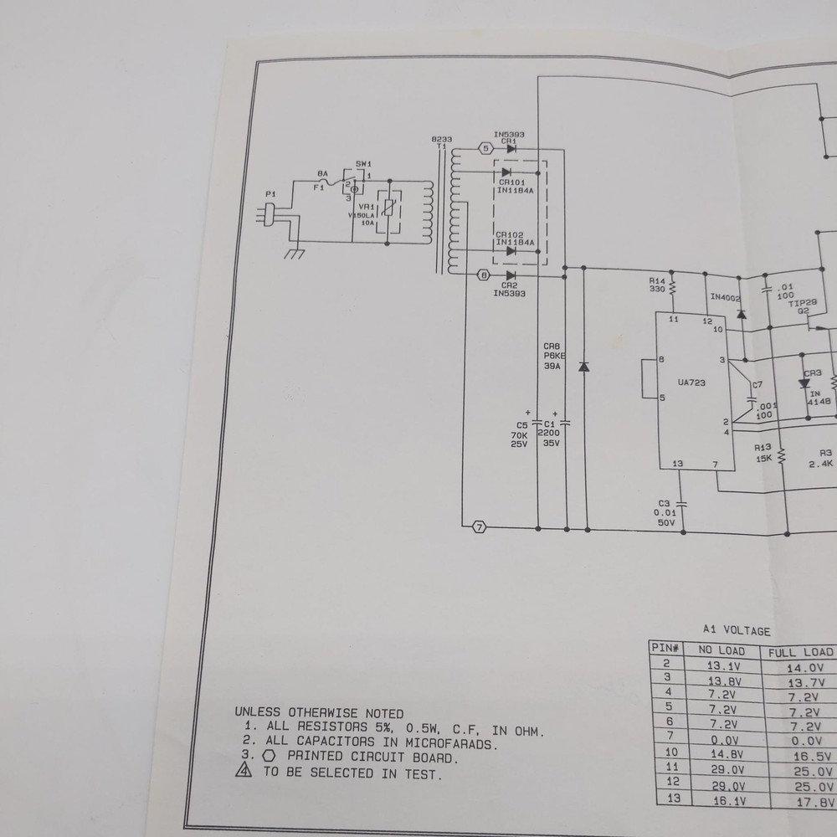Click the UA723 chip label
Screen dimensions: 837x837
coord(691,383)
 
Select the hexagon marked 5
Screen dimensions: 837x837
coord(486,149)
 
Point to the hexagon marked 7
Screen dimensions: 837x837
coord(479,527)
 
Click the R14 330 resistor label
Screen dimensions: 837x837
coord(657,285)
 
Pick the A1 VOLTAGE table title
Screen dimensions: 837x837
coord(736,631)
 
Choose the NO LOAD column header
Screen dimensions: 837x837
coord(721,651)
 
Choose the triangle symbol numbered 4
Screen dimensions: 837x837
coord(244,773)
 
